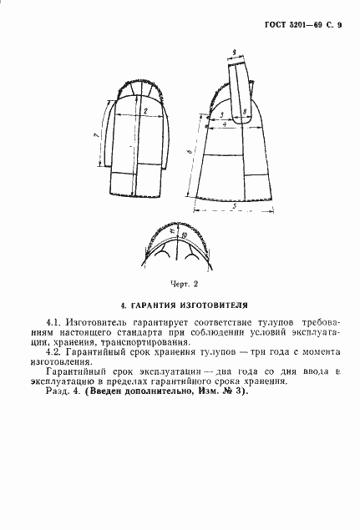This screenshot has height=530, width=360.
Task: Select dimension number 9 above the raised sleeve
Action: (236, 53)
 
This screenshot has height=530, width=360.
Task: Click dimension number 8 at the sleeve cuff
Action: (242, 111)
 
